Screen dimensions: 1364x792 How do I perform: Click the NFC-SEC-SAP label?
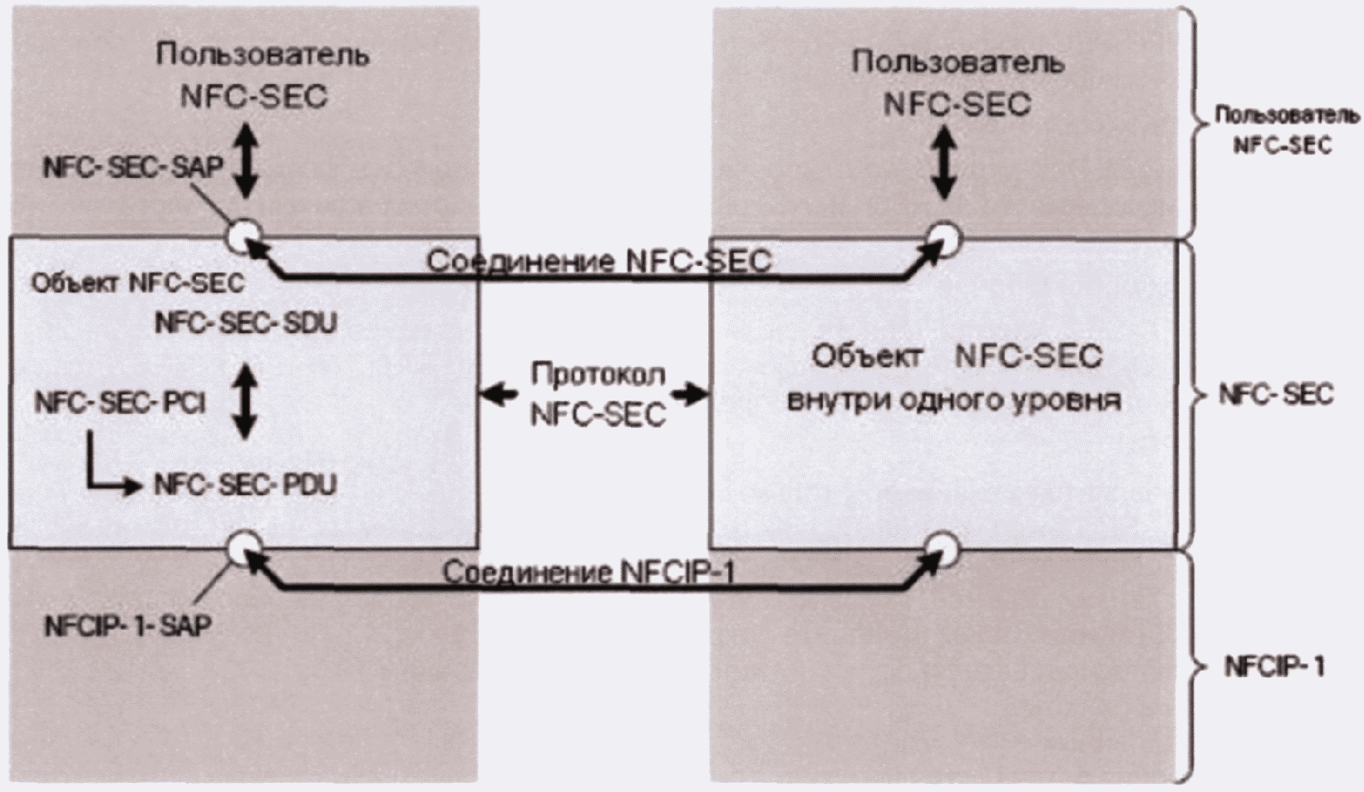click(x=133, y=167)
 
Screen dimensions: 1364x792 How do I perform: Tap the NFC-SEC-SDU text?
click(x=246, y=322)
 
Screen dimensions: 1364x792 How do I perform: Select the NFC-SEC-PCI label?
click(x=120, y=402)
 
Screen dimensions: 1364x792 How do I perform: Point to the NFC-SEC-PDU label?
click(x=245, y=485)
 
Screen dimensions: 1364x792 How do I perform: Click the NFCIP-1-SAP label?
click(x=128, y=625)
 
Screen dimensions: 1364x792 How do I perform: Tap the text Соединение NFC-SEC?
click(x=600, y=261)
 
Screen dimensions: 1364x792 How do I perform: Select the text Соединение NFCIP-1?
click(x=588, y=573)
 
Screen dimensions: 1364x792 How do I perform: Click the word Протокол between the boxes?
click(x=598, y=374)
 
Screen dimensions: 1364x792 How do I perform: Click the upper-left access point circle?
click(x=245, y=235)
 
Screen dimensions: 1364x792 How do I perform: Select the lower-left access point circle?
click(x=245, y=548)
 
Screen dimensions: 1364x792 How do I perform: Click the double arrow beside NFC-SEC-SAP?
click(x=246, y=160)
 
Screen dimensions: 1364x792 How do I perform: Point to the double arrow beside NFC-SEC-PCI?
click(x=245, y=401)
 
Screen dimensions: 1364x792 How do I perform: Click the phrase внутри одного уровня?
click(x=953, y=401)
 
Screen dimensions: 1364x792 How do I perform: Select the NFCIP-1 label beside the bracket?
click(x=1274, y=668)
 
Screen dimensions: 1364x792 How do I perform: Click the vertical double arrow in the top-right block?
click(x=944, y=163)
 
